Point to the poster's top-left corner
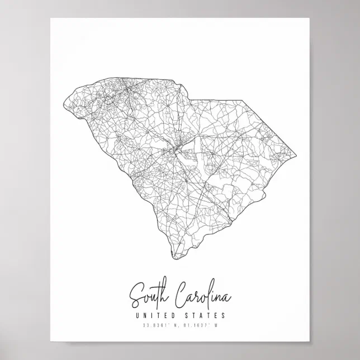(50, 18)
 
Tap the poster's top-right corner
(311, 18)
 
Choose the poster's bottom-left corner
(50, 344)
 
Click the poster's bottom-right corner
(311, 344)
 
